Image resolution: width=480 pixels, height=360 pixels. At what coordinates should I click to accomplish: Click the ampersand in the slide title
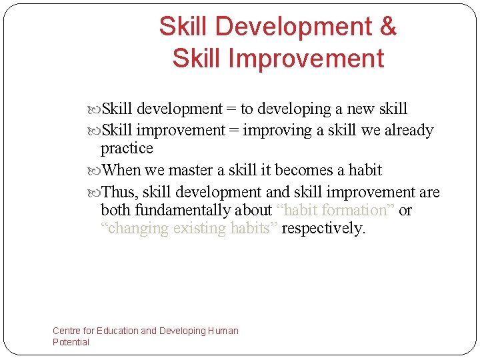pyautogui.click(x=387, y=27)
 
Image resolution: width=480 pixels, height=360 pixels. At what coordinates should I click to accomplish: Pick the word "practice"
pyautogui.click(x=127, y=148)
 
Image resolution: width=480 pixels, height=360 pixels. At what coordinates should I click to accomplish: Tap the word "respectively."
pyautogui.click(x=324, y=229)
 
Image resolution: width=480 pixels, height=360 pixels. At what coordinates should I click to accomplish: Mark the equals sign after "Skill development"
pyautogui.click(x=231, y=109)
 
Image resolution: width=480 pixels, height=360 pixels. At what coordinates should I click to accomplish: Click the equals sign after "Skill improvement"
pyautogui.click(x=234, y=130)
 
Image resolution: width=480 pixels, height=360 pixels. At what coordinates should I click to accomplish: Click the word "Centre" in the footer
pyautogui.click(x=67, y=331)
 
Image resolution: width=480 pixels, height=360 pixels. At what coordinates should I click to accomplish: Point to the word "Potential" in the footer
pyautogui.click(x=71, y=342)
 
